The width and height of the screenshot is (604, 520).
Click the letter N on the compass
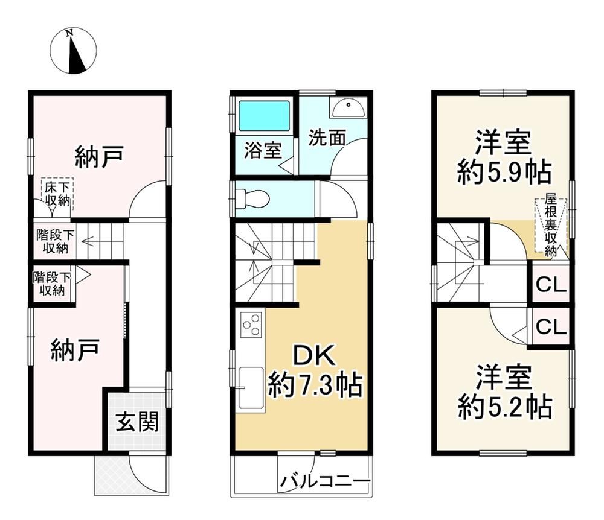69,33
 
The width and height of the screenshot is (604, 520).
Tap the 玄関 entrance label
138,421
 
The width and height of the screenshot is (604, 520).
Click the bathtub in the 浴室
264,115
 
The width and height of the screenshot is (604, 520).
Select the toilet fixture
252,198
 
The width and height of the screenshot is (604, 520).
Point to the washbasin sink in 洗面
349,107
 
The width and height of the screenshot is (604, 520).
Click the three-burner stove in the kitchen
251,325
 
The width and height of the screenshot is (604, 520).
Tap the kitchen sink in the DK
251,388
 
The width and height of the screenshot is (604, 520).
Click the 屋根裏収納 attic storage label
551,226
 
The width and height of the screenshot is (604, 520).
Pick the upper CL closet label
551,285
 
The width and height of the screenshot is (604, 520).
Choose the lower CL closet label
551,327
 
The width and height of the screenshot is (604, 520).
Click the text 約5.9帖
504,173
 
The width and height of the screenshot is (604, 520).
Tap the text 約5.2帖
504,407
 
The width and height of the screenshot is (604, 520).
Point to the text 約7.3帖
315,385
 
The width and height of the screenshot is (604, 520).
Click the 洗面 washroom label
327,138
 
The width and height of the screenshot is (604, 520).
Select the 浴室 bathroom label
263,150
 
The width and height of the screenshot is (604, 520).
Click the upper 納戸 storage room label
100,156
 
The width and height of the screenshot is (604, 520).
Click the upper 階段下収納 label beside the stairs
55,241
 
